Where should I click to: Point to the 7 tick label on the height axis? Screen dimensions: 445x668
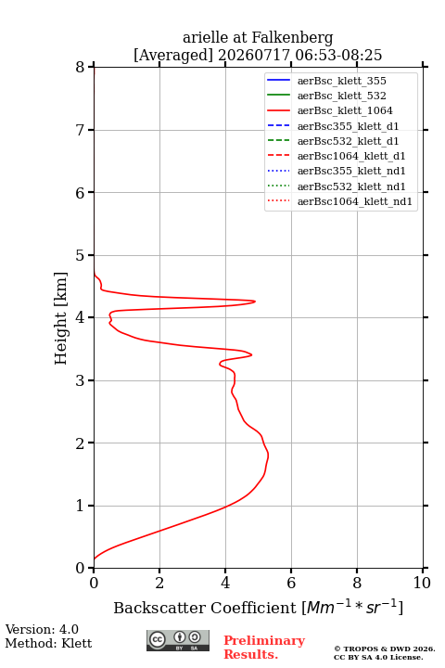(80, 130)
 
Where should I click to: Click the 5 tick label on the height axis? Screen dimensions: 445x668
(80, 255)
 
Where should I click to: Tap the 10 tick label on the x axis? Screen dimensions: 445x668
(422, 583)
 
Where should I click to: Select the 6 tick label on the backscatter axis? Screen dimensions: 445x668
(291, 583)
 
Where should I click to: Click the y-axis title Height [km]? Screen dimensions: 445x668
(61, 318)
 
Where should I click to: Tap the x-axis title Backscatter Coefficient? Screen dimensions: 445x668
(205, 608)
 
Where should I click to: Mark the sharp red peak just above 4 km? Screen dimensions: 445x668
(255, 302)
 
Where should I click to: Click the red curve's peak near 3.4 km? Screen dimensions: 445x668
(251, 354)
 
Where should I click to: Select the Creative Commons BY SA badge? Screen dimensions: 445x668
(178, 640)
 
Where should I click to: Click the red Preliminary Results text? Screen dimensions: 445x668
(264, 648)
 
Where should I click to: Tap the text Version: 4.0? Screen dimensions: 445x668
(42, 629)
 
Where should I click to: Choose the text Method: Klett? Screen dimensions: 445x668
(48, 643)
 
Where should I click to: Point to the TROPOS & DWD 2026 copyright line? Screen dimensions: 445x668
(385, 649)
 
